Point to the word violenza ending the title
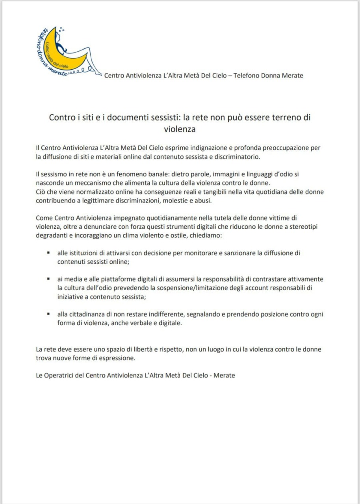[x=180, y=128]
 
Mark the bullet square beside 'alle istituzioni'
[x=48, y=253]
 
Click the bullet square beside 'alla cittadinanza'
[x=48, y=314]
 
